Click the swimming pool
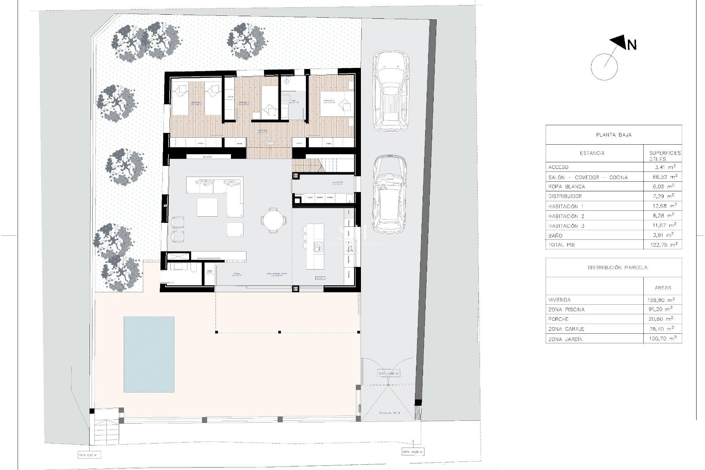click(149, 354)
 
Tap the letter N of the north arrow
click(632, 45)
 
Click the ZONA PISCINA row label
click(566, 310)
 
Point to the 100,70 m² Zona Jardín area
click(662, 339)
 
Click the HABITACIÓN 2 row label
click(566, 216)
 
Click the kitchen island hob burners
click(318, 246)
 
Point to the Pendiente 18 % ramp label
click(389, 413)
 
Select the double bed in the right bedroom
click(336, 105)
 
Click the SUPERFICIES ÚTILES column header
click(665, 156)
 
